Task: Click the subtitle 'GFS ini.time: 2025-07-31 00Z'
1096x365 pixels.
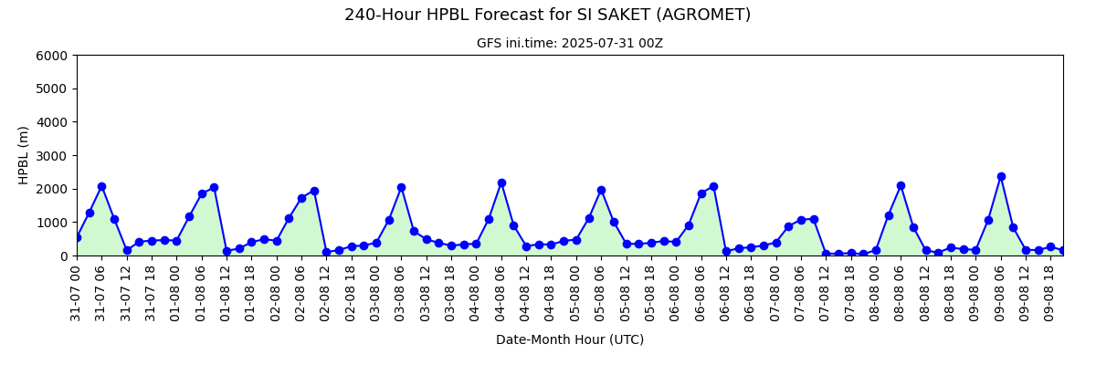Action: pos(570,44)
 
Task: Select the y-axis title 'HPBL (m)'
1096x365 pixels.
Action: pos(23,155)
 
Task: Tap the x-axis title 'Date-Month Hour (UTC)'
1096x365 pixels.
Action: pos(570,339)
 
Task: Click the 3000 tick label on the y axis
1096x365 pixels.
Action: pos(51,156)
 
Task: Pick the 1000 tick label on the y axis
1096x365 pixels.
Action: pos(51,223)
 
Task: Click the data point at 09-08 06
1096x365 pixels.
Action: pos(1001,176)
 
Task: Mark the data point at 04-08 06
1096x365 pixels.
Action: pos(501,182)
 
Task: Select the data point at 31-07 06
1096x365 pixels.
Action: pos(101,187)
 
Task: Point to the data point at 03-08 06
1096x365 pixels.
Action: pos(401,188)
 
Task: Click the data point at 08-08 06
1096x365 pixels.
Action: pos(901,185)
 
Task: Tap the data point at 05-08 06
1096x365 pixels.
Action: pos(601,190)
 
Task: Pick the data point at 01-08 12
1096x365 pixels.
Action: pos(227,252)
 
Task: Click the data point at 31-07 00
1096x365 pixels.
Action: pos(77,237)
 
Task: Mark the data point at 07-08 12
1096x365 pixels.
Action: pos(826,254)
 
